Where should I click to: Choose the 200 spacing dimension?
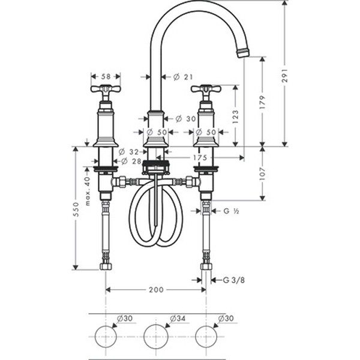(155, 290)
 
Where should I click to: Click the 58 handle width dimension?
(106, 76)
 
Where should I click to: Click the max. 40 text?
(88, 191)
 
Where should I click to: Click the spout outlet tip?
(242, 53)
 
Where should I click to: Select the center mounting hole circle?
(155, 335)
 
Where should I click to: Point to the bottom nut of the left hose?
(106, 265)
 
